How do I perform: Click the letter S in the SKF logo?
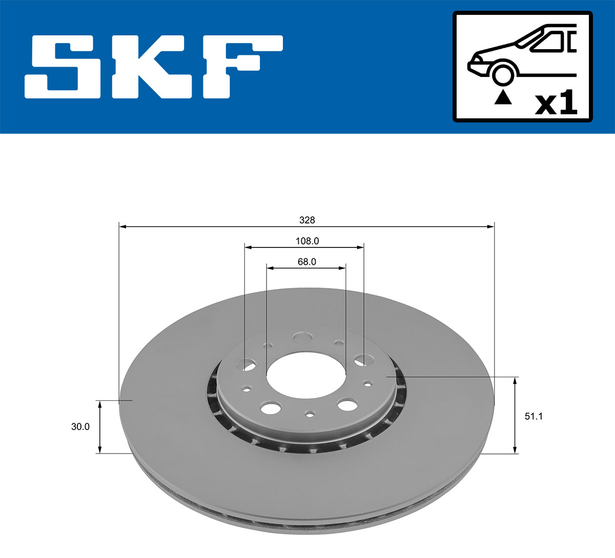[x=64, y=67]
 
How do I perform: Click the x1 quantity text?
[x=556, y=104]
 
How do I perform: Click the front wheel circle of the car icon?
[x=503, y=73]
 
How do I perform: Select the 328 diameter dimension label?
[x=307, y=220]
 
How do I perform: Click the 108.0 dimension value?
[x=307, y=241]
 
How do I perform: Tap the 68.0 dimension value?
[x=307, y=261]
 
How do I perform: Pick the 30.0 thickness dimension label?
[x=80, y=426]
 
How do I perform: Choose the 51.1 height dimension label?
[x=534, y=416]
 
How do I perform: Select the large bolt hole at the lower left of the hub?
[x=271, y=408]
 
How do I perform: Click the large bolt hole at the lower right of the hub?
[x=347, y=405]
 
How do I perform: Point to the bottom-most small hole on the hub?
[x=310, y=414]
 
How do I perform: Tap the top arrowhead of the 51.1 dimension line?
[x=515, y=380]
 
